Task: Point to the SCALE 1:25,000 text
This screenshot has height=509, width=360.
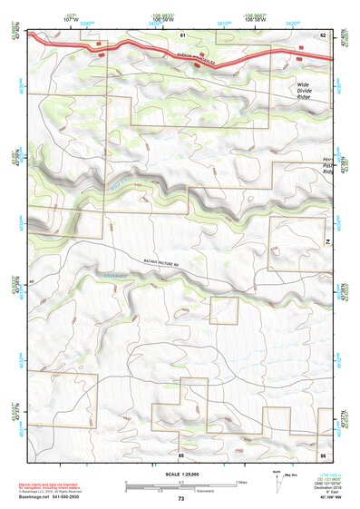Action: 180,474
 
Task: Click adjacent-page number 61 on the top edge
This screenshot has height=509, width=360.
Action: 181,34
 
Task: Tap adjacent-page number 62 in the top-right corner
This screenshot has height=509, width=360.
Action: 322,34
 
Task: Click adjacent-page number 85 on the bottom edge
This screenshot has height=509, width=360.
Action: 181,454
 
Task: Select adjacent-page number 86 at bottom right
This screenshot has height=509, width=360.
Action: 322,454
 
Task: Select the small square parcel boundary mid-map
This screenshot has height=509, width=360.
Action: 224,310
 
